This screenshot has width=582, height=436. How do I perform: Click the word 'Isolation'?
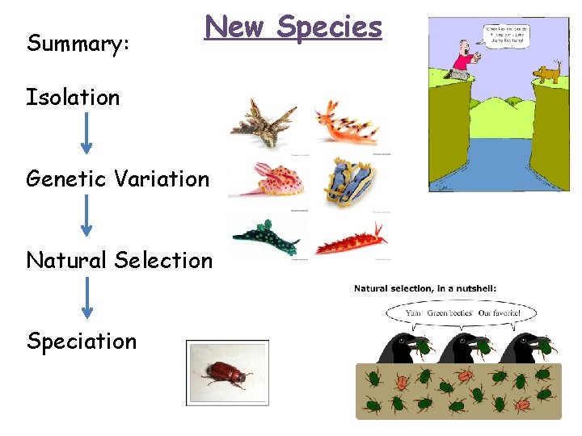coord(73,98)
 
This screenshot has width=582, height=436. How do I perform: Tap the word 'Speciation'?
coord(82,341)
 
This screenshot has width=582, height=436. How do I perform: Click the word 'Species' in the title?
coord(328,27)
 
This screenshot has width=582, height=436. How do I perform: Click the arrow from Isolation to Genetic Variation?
coord(86,135)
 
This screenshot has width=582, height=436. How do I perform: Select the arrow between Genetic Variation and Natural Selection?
coord(86,216)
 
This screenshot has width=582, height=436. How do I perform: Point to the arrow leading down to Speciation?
coord(86,298)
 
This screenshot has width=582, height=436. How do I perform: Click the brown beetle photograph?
coord(227,372)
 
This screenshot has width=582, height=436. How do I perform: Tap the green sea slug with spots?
coord(265,237)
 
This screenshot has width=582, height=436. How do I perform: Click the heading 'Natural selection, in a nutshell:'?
coord(424,288)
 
